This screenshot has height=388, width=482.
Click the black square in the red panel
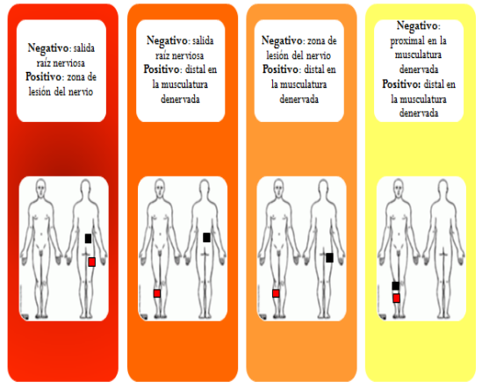click(x=88, y=238)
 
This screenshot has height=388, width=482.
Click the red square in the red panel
click(x=91, y=262)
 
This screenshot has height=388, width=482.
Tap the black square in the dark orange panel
click(x=206, y=237)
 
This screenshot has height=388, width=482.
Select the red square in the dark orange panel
click(x=157, y=293)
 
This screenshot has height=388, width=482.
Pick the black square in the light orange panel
click(x=329, y=257)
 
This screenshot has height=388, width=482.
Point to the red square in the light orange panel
click(x=276, y=293)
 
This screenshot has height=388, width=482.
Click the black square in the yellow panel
click(x=396, y=285)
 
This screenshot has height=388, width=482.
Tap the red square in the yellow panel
click(x=396, y=298)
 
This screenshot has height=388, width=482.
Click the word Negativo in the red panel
click(x=48, y=48)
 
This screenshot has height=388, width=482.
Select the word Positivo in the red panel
click(x=44, y=76)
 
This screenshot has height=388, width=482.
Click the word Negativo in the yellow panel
click(x=417, y=25)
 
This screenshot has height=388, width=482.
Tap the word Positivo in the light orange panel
click(x=281, y=69)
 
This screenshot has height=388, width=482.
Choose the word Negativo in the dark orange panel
click(x=167, y=40)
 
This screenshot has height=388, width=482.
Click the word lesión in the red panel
click(x=40, y=91)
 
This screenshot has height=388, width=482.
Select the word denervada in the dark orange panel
click(x=180, y=99)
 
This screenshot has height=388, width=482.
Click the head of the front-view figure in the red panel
click(x=41, y=187)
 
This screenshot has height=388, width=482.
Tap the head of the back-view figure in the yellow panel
click(x=443, y=187)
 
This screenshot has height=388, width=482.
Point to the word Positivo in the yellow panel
click(x=401, y=84)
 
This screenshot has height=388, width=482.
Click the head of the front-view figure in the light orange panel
click(x=278, y=187)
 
